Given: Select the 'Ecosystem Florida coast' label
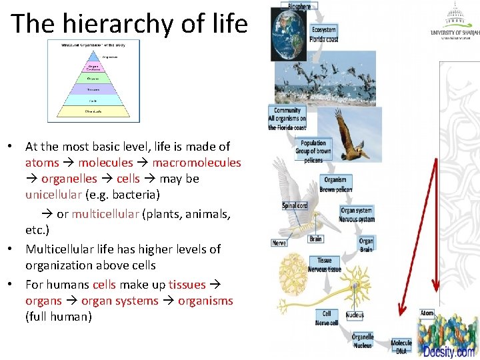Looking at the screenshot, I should tap(325, 34).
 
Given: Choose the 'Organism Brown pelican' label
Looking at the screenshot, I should tap(336, 185).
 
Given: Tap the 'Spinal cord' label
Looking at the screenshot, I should tap(294, 206).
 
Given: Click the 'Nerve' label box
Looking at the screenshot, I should tap(279, 243).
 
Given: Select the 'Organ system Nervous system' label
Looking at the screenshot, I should tap(357, 215).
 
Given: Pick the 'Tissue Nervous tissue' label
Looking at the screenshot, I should tap(325, 265).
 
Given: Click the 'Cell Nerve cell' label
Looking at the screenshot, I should tap(326, 318).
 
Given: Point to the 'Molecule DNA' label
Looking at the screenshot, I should tap(401, 347).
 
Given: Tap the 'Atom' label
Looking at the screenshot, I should tap(427, 313).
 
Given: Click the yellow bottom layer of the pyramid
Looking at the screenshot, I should tap(93, 112).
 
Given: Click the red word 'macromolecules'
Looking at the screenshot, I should tap(197, 163).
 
